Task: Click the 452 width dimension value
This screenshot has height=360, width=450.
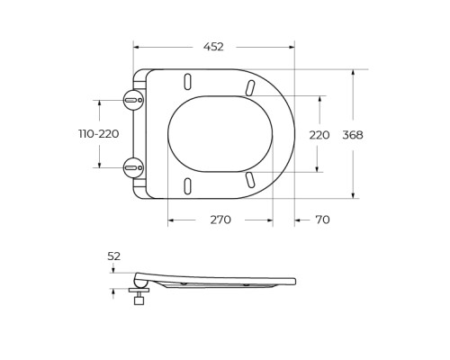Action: (213, 47)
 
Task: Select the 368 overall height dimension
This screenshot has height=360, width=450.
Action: (353, 135)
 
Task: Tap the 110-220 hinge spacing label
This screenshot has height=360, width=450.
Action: (99, 134)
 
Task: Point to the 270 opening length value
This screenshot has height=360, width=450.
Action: (220, 220)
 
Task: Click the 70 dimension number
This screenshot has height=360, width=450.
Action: (322, 220)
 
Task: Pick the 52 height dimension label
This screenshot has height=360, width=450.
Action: (114, 256)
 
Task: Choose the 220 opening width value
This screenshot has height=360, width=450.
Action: (319, 135)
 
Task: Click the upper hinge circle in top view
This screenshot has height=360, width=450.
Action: (133, 100)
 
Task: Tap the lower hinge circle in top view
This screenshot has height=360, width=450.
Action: (133, 167)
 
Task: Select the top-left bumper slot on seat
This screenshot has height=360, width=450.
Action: (188, 81)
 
